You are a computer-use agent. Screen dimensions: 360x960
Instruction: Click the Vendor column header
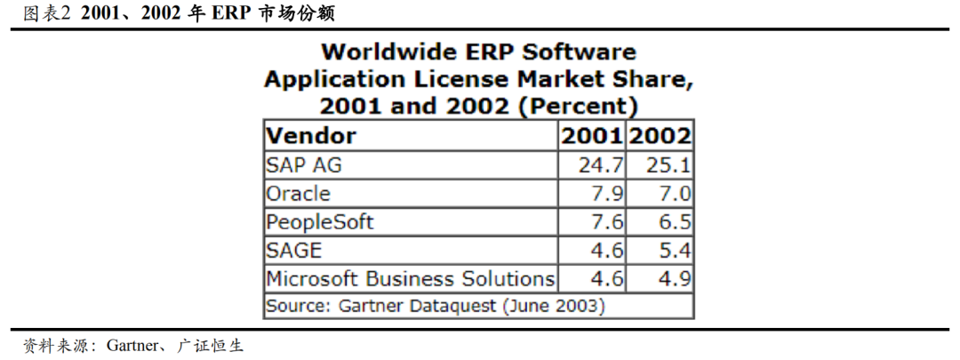[x=311, y=136]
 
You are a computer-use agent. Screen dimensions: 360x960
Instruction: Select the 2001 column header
[x=591, y=136]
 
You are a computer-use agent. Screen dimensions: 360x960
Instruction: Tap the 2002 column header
[x=660, y=136]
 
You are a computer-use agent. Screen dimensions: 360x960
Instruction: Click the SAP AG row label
[x=303, y=165]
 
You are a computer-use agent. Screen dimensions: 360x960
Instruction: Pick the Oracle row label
[x=298, y=194]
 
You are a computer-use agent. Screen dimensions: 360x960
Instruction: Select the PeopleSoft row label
[x=319, y=222]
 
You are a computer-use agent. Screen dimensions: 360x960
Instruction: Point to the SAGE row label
[x=293, y=251]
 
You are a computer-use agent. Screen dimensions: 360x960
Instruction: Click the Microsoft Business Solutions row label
[x=411, y=278]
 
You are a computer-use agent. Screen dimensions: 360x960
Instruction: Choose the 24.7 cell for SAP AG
[x=602, y=165]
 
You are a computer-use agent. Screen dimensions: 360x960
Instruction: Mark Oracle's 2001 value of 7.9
[x=609, y=194]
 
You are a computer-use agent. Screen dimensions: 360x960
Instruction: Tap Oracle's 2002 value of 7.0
[x=676, y=194]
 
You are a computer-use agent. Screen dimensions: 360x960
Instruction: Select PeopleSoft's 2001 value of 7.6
[x=609, y=222]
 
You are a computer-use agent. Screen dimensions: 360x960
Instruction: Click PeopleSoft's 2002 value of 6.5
[x=676, y=222]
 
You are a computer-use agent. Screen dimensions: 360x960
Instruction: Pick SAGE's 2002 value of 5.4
[x=676, y=251]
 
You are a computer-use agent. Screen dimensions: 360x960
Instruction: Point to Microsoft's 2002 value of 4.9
[x=676, y=278]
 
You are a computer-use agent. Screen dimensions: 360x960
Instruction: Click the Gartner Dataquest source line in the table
[x=436, y=306]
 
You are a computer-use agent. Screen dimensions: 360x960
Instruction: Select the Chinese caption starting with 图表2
[x=178, y=12]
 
